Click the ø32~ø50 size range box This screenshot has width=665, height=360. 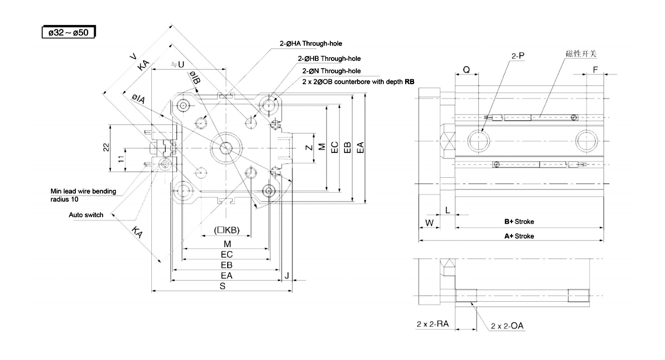coord(69,33)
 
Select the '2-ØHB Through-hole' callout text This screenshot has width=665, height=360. coord(329,58)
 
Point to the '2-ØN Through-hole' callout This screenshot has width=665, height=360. coord(331,71)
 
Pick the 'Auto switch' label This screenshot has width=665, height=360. coord(86,215)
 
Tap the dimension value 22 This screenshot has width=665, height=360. coord(106,147)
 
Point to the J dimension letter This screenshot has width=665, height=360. coord(287,275)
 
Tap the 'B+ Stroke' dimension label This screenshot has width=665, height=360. coord(519,222)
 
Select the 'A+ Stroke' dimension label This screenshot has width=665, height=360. coord(519,236)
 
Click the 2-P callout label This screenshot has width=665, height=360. coord(518,56)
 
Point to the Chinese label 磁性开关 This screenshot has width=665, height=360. coord(581,53)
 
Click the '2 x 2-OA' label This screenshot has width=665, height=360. coord(507,326)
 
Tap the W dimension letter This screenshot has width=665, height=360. coord(428,223)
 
